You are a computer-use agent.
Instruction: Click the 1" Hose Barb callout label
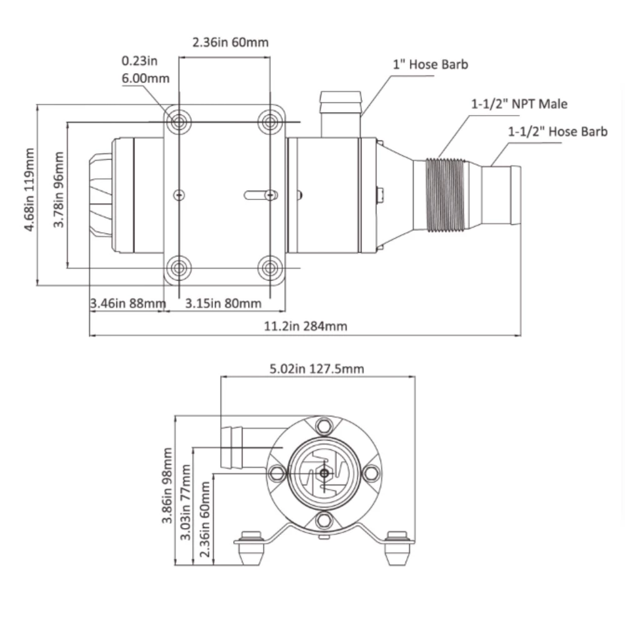[x=430, y=64]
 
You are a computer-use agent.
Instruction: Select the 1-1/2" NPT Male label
[x=519, y=104]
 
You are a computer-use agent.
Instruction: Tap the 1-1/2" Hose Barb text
[x=557, y=131]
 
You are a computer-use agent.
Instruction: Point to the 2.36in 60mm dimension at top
[x=230, y=42]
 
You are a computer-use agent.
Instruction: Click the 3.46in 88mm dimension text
[x=127, y=304]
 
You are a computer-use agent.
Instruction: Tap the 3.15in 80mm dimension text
[x=224, y=304]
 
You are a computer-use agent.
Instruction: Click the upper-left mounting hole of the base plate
[x=179, y=121]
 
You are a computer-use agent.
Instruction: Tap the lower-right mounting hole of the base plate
[x=270, y=269]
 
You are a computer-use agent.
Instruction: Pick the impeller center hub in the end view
[x=324, y=474]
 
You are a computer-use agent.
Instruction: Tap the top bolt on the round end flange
[x=324, y=427]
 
